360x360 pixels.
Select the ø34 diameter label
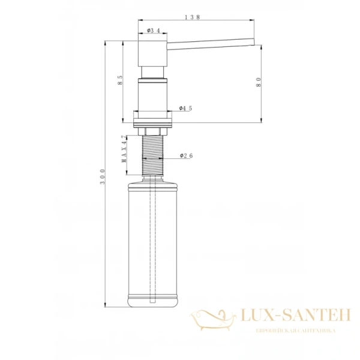(154, 31)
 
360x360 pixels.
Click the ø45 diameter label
(185, 109)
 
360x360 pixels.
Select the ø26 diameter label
(185, 156)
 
